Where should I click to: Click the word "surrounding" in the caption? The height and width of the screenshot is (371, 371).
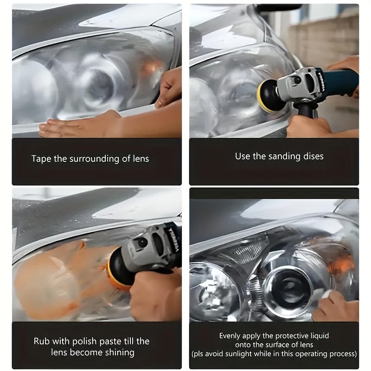pos(94,159)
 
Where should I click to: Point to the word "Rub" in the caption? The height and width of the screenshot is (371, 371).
pos(41,341)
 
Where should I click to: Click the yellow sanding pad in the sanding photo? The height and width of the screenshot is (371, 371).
pos(263,96)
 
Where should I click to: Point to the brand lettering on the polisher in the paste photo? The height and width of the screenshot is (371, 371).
pos(173,239)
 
